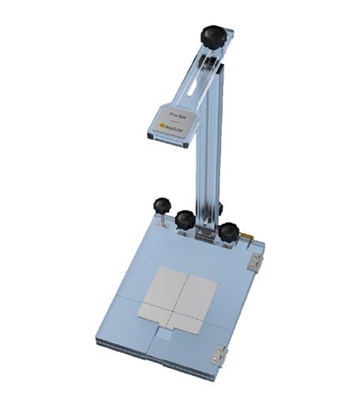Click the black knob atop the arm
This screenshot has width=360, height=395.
click(x=212, y=36)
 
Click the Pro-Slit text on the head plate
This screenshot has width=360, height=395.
click(x=176, y=115)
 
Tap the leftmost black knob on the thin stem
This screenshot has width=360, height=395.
click(x=162, y=205)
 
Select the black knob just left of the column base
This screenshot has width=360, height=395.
click(x=186, y=220)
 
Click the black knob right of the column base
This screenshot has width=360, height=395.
click(x=229, y=231)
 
